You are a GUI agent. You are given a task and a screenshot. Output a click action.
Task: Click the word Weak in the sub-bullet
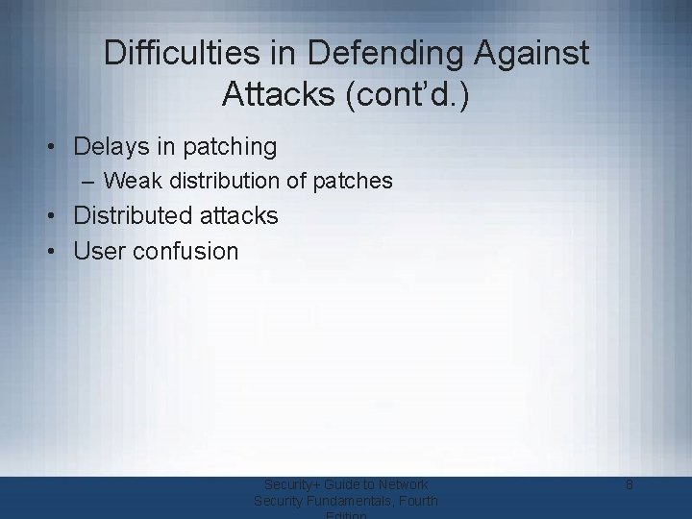pos(129,181)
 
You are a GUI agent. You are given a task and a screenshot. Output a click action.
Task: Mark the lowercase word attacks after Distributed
pos(241,216)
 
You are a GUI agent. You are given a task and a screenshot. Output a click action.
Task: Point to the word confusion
pos(185,252)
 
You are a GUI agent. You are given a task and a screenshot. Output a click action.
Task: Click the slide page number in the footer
pos(628,485)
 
